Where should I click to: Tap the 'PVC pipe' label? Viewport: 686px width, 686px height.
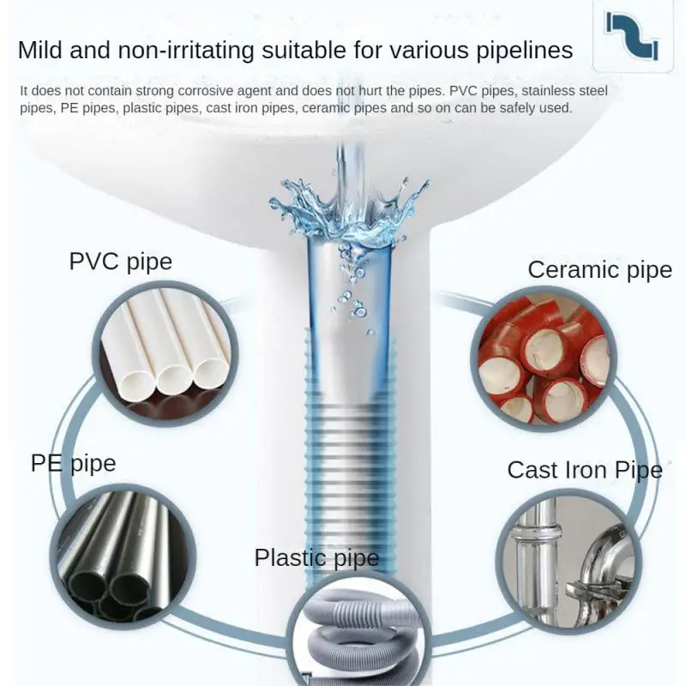[121, 262]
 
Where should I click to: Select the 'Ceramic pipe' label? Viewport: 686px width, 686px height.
[599, 270]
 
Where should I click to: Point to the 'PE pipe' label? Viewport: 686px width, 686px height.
[73, 464]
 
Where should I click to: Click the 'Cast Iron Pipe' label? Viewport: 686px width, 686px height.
[585, 470]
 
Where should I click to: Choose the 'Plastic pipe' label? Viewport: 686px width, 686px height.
[316, 558]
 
